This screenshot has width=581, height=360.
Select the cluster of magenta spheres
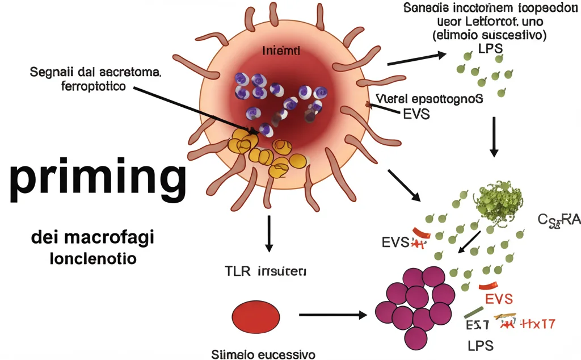(x=417, y=305)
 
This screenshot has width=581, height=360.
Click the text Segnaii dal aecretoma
(x=95, y=73)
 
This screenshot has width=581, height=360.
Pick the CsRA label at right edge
(x=559, y=219)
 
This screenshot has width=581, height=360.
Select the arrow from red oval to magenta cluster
(x=332, y=314)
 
